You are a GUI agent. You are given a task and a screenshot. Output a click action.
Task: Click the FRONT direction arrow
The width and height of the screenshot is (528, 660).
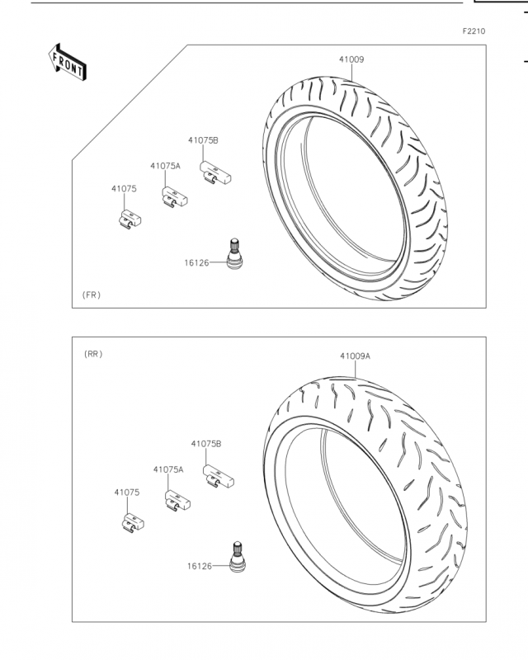[x=68, y=63]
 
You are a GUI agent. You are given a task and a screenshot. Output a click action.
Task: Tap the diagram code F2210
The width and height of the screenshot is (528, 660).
[x=474, y=31]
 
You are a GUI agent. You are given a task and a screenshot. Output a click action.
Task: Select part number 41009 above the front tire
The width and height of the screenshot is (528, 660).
[x=351, y=59]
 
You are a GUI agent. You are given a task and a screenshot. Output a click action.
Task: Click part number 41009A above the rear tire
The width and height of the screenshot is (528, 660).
[x=355, y=356]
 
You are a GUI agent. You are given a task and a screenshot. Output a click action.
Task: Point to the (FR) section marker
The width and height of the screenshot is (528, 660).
[x=92, y=295]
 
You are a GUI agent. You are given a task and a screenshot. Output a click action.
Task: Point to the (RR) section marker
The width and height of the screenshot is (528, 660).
[x=93, y=354]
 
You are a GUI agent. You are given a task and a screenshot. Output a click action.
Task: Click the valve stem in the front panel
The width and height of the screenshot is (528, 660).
[x=234, y=254]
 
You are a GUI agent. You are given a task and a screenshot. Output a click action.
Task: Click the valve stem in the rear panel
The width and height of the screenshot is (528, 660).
[x=238, y=557]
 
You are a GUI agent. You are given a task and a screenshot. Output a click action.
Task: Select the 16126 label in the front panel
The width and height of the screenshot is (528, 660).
[x=196, y=263]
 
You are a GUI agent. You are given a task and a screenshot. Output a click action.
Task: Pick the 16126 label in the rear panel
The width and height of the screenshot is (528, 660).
[x=200, y=566]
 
